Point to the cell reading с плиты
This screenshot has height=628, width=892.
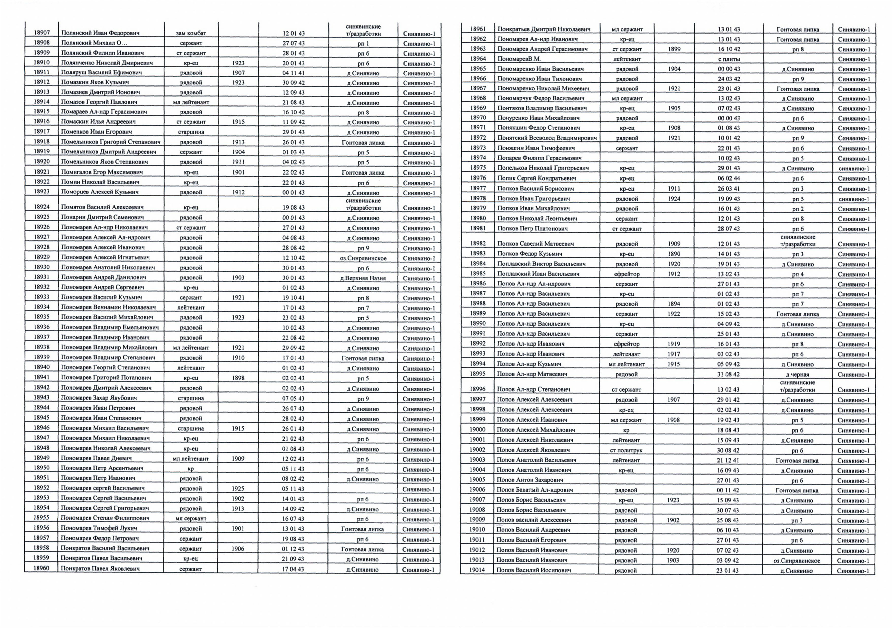point(728,59)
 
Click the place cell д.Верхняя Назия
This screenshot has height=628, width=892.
point(363,278)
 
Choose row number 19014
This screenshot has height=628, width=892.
point(477,570)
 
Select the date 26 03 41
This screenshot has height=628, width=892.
point(728,189)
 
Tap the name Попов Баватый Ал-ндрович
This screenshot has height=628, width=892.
point(535,490)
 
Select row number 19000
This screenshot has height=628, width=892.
point(477,429)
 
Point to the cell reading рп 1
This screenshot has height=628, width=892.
point(363,43)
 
